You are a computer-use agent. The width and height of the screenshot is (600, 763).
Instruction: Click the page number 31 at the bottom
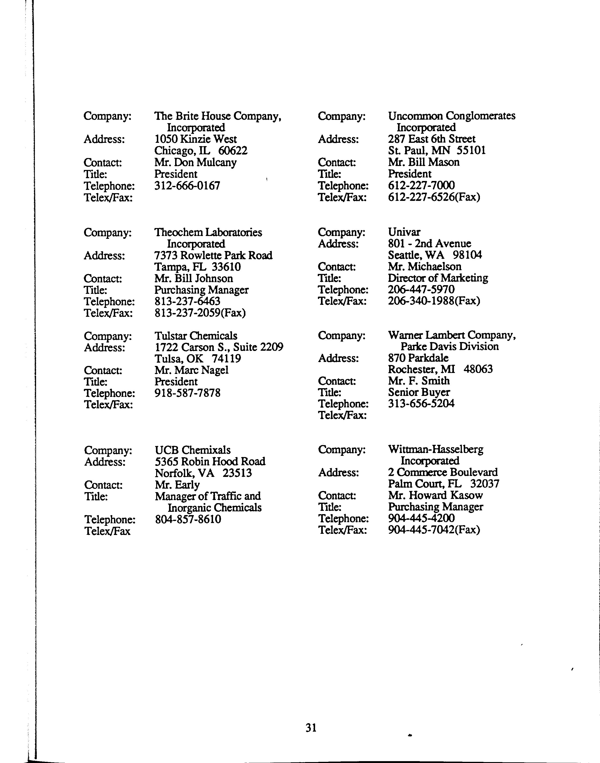tap(311, 727)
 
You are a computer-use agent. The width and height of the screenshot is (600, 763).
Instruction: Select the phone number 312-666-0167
tap(187, 185)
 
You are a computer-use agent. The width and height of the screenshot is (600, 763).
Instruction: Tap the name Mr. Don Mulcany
tap(195, 162)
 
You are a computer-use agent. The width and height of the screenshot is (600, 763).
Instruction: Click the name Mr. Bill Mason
tap(424, 162)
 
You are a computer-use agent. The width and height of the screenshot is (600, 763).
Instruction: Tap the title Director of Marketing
tap(438, 278)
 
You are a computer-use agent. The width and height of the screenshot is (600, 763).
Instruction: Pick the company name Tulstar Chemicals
tap(196, 336)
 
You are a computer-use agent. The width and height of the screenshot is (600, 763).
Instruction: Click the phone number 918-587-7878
tap(188, 393)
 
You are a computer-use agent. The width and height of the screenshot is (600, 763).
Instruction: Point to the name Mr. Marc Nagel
tap(191, 370)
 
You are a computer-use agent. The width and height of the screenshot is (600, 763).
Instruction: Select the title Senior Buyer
tap(419, 392)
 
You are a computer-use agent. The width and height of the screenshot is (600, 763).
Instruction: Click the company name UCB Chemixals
tap(192, 450)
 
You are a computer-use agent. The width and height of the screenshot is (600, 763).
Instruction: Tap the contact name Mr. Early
tap(177, 485)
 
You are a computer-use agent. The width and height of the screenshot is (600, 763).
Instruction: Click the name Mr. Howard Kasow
tap(435, 495)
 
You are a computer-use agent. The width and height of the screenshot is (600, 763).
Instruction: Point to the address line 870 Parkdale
tap(418, 358)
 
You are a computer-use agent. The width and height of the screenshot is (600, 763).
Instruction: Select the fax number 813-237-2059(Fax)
tap(200, 312)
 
